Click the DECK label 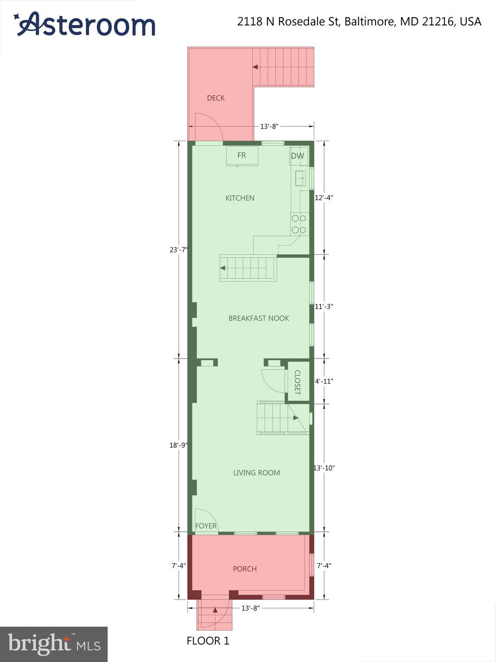pyautogui.click(x=216, y=98)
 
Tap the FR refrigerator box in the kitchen pyautogui.click(x=242, y=155)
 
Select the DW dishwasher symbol pyautogui.click(x=298, y=156)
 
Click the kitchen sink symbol pyautogui.click(x=300, y=178)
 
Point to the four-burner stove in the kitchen pyautogui.click(x=299, y=224)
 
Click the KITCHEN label pyautogui.click(x=240, y=198)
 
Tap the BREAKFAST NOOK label pyautogui.click(x=258, y=318)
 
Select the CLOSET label pyautogui.click(x=298, y=382)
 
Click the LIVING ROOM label pyautogui.click(x=257, y=473)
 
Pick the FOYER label pyautogui.click(x=206, y=526)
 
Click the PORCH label pyautogui.click(x=245, y=569)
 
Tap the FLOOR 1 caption pyautogui.click(x=208, y=641)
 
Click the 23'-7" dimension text pyautogui.click(x=178, y=250)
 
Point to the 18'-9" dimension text pyautogui.click(x=178, y=445)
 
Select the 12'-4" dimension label pyautogui.click(x=324, y=198)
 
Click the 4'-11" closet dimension pyautogui.click(x=324, y=381)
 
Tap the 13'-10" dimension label pyautogui.click(x=324, y=468)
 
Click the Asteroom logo pyautogui.click(x=85, y=25)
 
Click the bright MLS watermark pyautogui.click(x=54, y=644)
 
